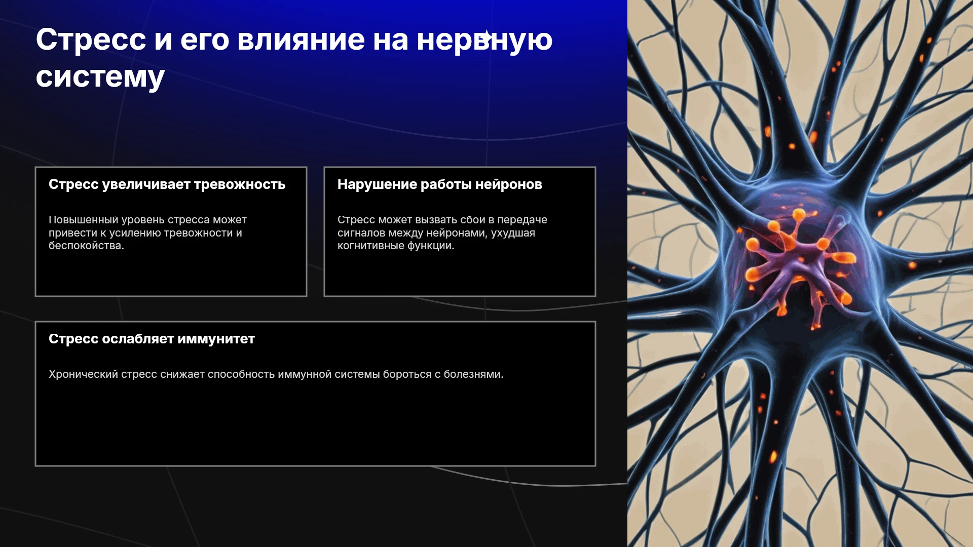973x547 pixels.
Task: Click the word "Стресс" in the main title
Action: point(91,41)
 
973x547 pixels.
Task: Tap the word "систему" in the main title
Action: point(100,77)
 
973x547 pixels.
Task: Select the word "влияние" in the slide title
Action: point(301,40)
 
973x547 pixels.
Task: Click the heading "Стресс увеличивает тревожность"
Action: point(167,185)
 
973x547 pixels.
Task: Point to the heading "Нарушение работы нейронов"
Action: point(440,185)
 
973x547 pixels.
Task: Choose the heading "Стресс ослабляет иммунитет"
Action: point(152,339)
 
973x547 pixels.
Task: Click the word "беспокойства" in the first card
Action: point(85,246)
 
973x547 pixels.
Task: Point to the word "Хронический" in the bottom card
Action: point(83,375)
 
